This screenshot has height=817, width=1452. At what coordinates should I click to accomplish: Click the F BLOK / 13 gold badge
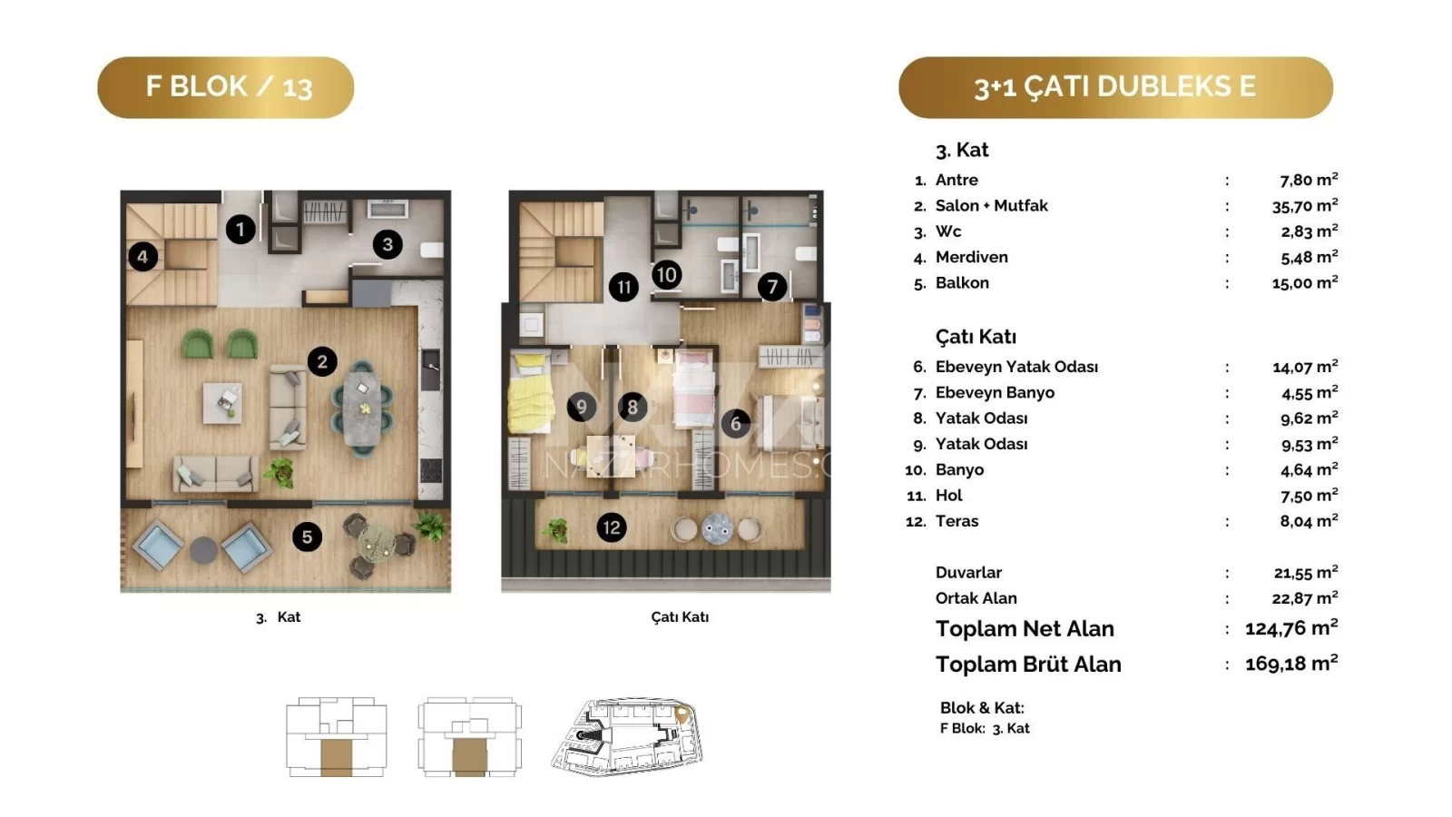(226, 87)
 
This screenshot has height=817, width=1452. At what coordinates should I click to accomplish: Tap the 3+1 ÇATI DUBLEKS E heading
(1115, 87)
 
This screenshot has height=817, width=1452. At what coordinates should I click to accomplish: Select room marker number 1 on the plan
(240, 229)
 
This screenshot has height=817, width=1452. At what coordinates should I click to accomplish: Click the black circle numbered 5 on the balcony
(308, 536)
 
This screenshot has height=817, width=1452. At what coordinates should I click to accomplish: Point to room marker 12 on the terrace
(612, 527)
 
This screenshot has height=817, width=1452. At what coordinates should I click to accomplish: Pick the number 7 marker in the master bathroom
(772, 287)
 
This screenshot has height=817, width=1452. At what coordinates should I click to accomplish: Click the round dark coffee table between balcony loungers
(203, 550)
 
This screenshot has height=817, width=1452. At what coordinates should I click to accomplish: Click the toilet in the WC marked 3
(432, 251)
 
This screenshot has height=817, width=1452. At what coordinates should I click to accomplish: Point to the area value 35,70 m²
(1305, 206)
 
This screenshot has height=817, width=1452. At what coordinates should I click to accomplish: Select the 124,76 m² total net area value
(1291, 628)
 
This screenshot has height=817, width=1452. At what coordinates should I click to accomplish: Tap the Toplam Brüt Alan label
(1028, 664)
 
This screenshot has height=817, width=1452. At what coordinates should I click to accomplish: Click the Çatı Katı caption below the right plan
(680, 617)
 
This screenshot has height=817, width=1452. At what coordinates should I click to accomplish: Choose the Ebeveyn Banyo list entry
(995, 393)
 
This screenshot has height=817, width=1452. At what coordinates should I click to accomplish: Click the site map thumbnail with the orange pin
(627, 736)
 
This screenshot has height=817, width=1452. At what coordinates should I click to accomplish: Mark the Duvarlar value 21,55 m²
(1306, 573)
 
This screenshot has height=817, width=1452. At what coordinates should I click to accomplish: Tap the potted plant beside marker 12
(556, 530)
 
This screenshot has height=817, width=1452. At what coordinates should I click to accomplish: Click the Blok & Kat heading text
(982, 708)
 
